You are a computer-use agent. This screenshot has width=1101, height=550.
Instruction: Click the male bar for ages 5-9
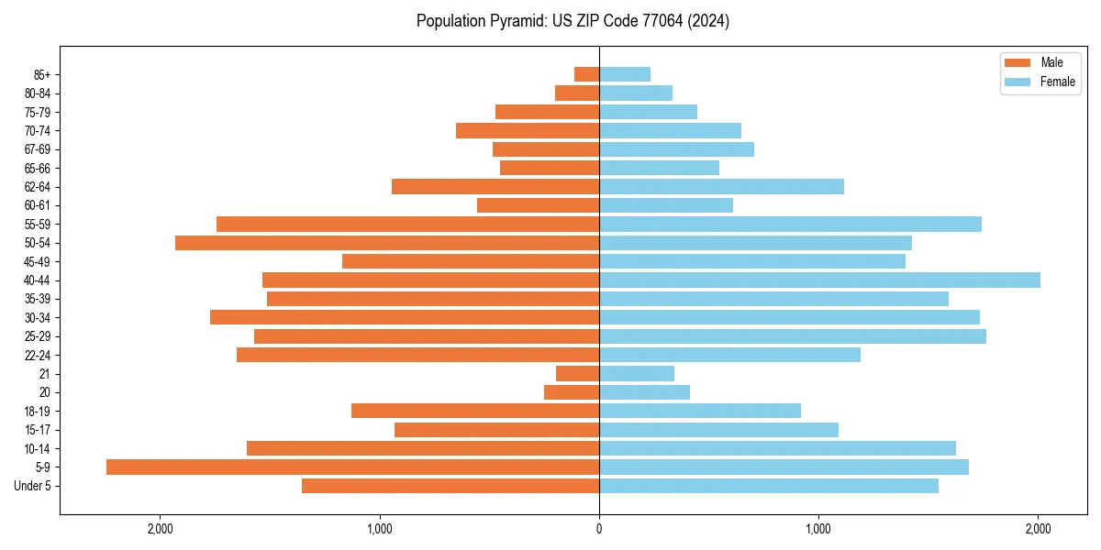[x=353, y=467]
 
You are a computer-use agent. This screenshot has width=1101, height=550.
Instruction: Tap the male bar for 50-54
[x=387, y=243]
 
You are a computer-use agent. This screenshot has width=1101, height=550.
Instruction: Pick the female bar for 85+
[x=625, y=74]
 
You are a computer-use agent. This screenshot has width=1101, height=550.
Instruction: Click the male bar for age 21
[x=577, y=374]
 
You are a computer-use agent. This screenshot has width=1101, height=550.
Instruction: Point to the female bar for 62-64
[x=721, y=187]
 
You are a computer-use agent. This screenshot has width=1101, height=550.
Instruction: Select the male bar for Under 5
[x=450, y=486]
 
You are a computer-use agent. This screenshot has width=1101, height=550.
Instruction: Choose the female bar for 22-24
[x=729, y=355]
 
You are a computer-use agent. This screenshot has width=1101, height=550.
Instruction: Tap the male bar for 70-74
[x=528, y=131]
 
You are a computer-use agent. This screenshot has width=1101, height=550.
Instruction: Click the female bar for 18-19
[x=700, y=411]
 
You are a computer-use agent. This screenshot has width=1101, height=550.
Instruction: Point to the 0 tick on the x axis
[x=599, y=529]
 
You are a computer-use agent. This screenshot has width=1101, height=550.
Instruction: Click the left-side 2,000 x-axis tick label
[x=160, y=529]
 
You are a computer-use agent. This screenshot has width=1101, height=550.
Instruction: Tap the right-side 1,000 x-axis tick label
[x=818, y=529]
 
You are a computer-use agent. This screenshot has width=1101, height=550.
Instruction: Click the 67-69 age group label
[x=38, y=149]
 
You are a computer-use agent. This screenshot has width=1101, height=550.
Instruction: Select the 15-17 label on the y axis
[x=38, y=430]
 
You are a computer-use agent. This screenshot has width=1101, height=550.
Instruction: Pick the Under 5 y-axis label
[x=33, y=486]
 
